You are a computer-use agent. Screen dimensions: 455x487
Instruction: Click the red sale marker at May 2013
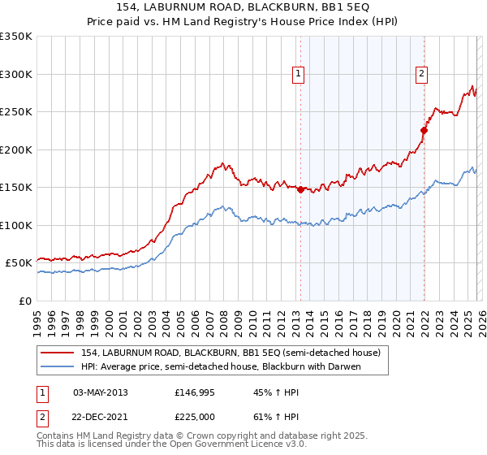tap(300, 189)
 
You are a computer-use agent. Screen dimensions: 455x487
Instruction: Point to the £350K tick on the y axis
tap(16, 37)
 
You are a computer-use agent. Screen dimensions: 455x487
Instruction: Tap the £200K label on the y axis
tap(16, 149)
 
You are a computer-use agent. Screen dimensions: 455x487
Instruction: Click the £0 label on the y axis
tap(24, 301)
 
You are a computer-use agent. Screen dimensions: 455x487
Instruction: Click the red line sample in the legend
tap(58, 353)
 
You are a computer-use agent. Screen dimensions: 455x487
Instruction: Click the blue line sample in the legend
tap(58, 366)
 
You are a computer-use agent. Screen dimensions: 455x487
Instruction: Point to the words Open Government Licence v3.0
tap(231, 446)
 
